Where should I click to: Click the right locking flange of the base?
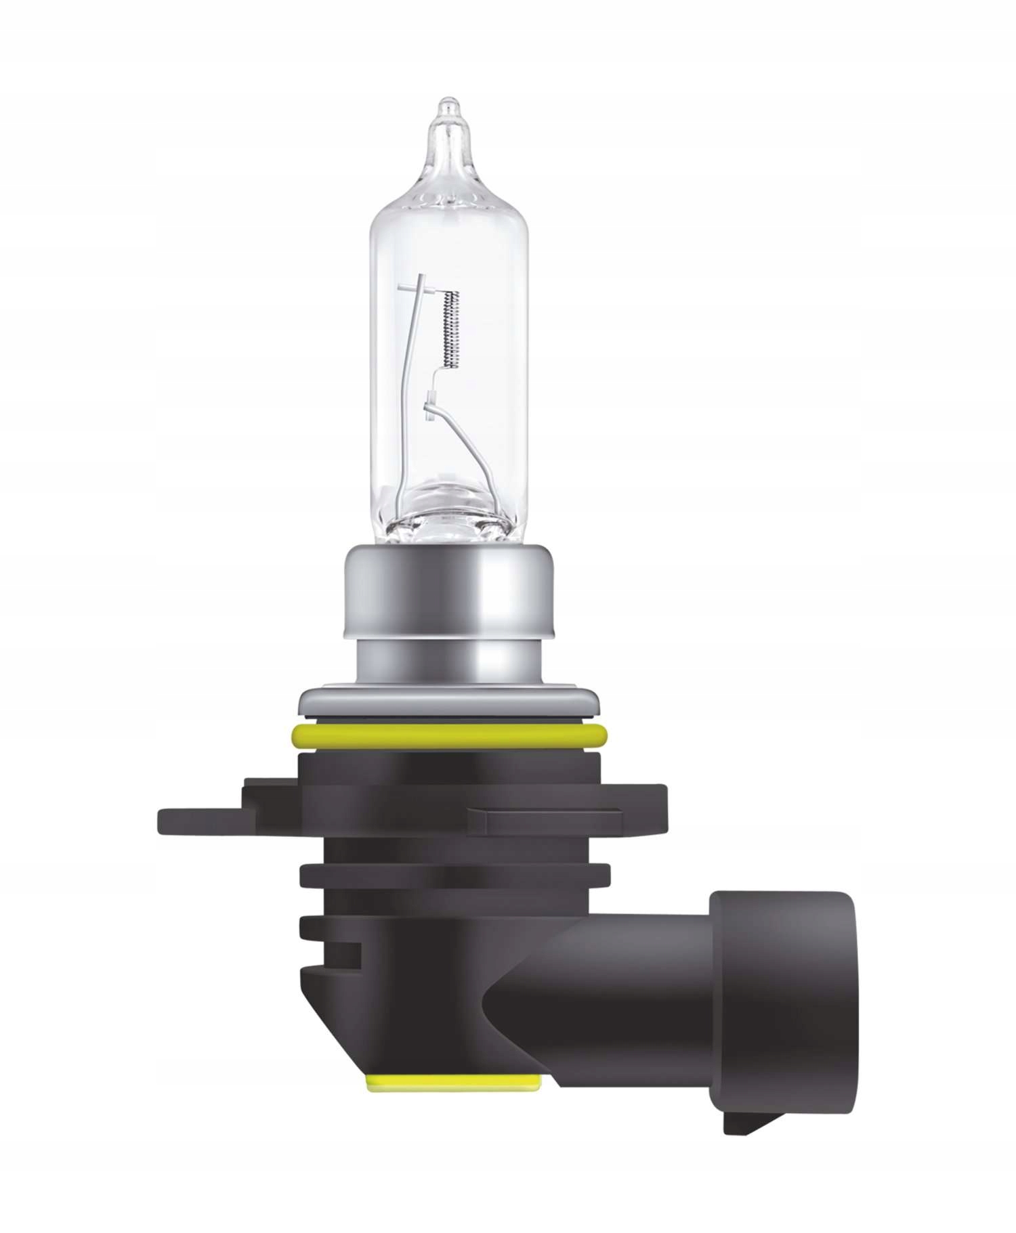coord(576,813)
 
